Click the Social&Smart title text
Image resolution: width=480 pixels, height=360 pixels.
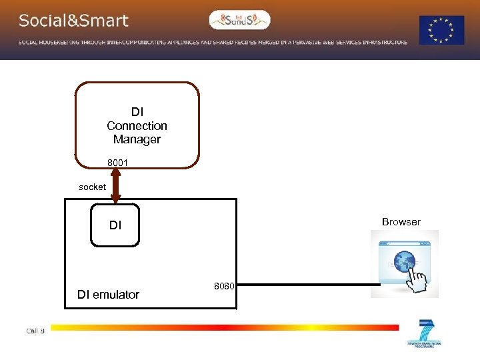73,21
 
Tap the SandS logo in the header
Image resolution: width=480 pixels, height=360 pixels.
239,21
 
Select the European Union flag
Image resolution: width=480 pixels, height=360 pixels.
441,30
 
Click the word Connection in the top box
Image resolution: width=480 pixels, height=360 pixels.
137,126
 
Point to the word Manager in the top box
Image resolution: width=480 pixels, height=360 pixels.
137,139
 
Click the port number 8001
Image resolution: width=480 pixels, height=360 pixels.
118,163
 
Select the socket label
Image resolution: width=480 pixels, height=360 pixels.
92,187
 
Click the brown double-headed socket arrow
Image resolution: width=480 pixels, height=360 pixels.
116,186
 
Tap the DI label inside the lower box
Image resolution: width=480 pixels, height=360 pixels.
115,225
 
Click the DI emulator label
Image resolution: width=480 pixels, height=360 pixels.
108,294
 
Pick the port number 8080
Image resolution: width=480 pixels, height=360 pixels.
224,286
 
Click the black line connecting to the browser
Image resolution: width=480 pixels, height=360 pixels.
307,285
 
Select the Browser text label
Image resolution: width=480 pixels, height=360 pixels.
401,222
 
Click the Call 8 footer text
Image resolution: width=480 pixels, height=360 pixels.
35,331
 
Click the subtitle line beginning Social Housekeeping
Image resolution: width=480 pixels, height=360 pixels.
213,42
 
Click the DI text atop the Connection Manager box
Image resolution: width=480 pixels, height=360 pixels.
137,112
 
